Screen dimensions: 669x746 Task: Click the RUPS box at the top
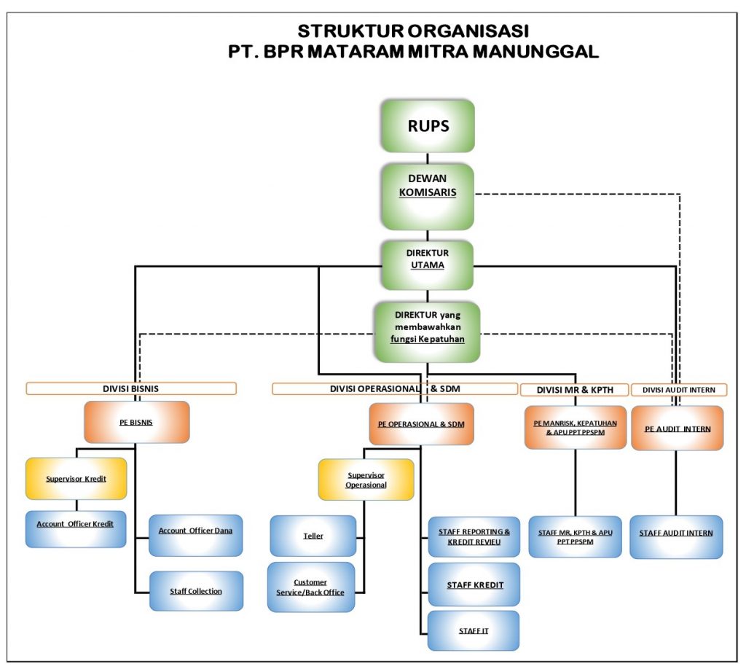428,126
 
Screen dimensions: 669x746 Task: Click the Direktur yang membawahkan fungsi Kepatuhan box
428,332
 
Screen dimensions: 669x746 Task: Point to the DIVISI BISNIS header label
131,388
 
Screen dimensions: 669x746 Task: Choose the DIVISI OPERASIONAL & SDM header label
395,388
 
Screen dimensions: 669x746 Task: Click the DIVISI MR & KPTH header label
573,390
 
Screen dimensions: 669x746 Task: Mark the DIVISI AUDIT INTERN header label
678,390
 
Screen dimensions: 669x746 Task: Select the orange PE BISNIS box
137,422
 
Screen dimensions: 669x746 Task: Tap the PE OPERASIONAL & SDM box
422,424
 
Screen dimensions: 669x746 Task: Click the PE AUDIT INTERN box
678,429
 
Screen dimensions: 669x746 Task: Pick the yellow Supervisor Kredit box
76,479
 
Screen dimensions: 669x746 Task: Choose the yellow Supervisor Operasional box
366,480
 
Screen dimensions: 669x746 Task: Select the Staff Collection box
196,591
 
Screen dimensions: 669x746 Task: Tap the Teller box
313,536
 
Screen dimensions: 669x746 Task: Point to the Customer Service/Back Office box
311,587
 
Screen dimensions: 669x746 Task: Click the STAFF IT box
474,630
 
